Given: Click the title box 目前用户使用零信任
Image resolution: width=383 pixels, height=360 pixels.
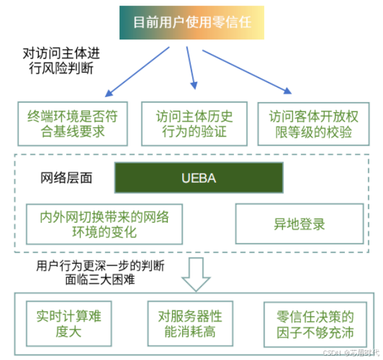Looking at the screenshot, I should coord(191,23).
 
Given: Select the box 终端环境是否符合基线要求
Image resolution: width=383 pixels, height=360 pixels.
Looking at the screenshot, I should coord(72,123).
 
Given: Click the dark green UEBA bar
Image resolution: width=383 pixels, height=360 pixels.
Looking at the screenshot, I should coord(198,178).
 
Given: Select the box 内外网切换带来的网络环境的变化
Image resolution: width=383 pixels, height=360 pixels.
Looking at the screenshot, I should coord(104,224).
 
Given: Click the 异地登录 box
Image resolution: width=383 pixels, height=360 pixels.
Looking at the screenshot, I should coord(299,224).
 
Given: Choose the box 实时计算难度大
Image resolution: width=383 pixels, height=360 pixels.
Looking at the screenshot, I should coord(68,323).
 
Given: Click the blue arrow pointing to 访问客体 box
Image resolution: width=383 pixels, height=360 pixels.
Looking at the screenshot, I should coord(247,71).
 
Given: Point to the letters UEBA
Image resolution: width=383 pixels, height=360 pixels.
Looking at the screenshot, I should coord(198,178).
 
